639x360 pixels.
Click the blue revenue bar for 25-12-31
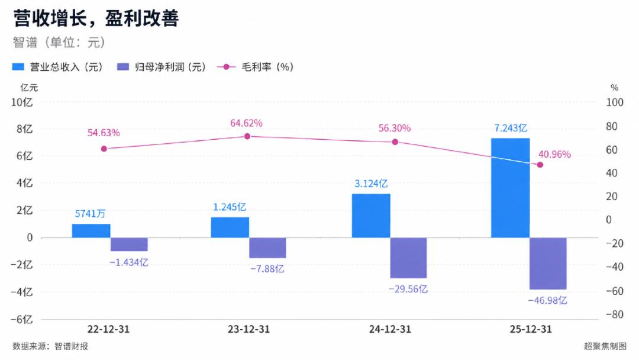coord(510,188)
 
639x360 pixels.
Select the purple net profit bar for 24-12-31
coord(408,258)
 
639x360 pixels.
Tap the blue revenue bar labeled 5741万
coord(91,231)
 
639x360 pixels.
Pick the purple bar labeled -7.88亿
coord(268,247)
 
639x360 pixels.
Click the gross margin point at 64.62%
coord(247,136)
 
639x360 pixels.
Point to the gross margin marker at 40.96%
coord(540,165)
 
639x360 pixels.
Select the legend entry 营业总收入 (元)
coord(57,67)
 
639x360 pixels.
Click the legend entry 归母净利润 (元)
coord(162,67)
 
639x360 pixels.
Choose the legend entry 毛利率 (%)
coord(256,67)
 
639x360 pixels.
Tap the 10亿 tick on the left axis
coord(22,102)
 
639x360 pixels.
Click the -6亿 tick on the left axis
coord(22,319)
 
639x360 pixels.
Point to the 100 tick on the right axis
coord(614,102)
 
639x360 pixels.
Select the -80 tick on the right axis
coord(614,314)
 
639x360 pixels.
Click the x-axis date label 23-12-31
coord(248,329)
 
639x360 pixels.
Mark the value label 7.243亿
coord(511,128)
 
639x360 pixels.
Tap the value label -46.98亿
coord(547,300)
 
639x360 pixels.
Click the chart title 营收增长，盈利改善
coord(96,18)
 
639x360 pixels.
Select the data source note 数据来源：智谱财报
coord(50,346)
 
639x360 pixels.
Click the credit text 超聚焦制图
coord(605,346)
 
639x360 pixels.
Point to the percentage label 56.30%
coord(395,128)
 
